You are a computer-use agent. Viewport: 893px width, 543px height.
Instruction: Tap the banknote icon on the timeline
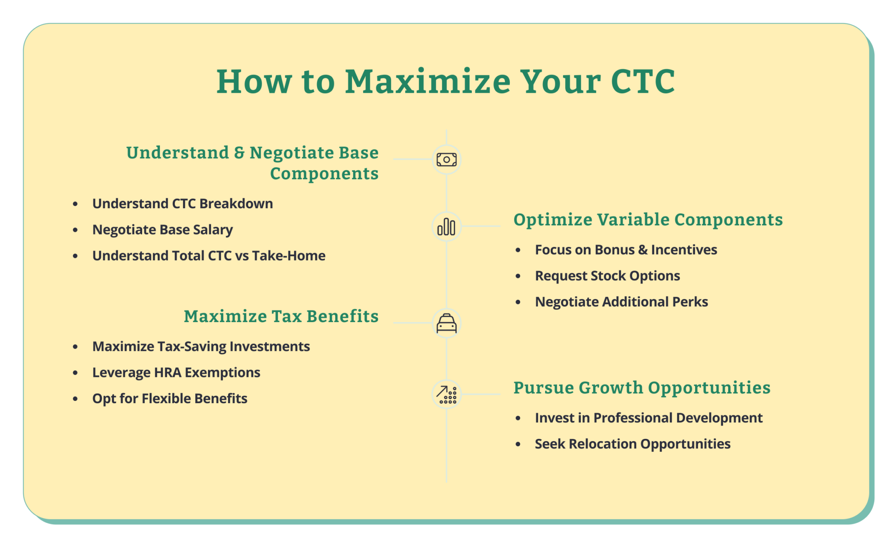tap(446, 160)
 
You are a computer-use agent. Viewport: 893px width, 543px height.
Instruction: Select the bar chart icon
tap(446, 227)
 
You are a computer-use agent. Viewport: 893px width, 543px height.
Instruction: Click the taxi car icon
tap(446, 323)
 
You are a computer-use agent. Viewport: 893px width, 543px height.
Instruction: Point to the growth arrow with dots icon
tap(446, 395)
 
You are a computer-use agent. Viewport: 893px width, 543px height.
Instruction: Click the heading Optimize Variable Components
tap(648, 220)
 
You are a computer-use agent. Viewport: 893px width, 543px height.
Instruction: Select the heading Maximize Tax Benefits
tap(281, 316)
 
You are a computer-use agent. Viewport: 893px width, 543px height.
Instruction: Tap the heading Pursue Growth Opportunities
tap(641, 388)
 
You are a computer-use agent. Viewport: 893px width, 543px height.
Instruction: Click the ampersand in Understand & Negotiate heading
tap(239, 153)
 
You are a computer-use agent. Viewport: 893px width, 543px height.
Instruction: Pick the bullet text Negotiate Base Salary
tap(162, 230)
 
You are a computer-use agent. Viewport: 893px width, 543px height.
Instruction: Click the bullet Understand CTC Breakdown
tap(182, 204)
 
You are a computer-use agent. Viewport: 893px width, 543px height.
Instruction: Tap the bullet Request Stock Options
tap(607, 276)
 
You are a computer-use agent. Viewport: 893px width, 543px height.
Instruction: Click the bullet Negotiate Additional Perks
tap(621, 302)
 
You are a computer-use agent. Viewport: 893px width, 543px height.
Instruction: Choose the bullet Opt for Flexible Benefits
tap(170, 399)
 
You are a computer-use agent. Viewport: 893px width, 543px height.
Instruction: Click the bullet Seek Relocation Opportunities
tap(632, 444)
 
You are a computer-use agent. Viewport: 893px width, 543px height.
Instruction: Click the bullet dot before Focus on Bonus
tap(518, 250)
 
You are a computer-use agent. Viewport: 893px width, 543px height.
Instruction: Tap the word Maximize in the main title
tap(427, 81)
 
